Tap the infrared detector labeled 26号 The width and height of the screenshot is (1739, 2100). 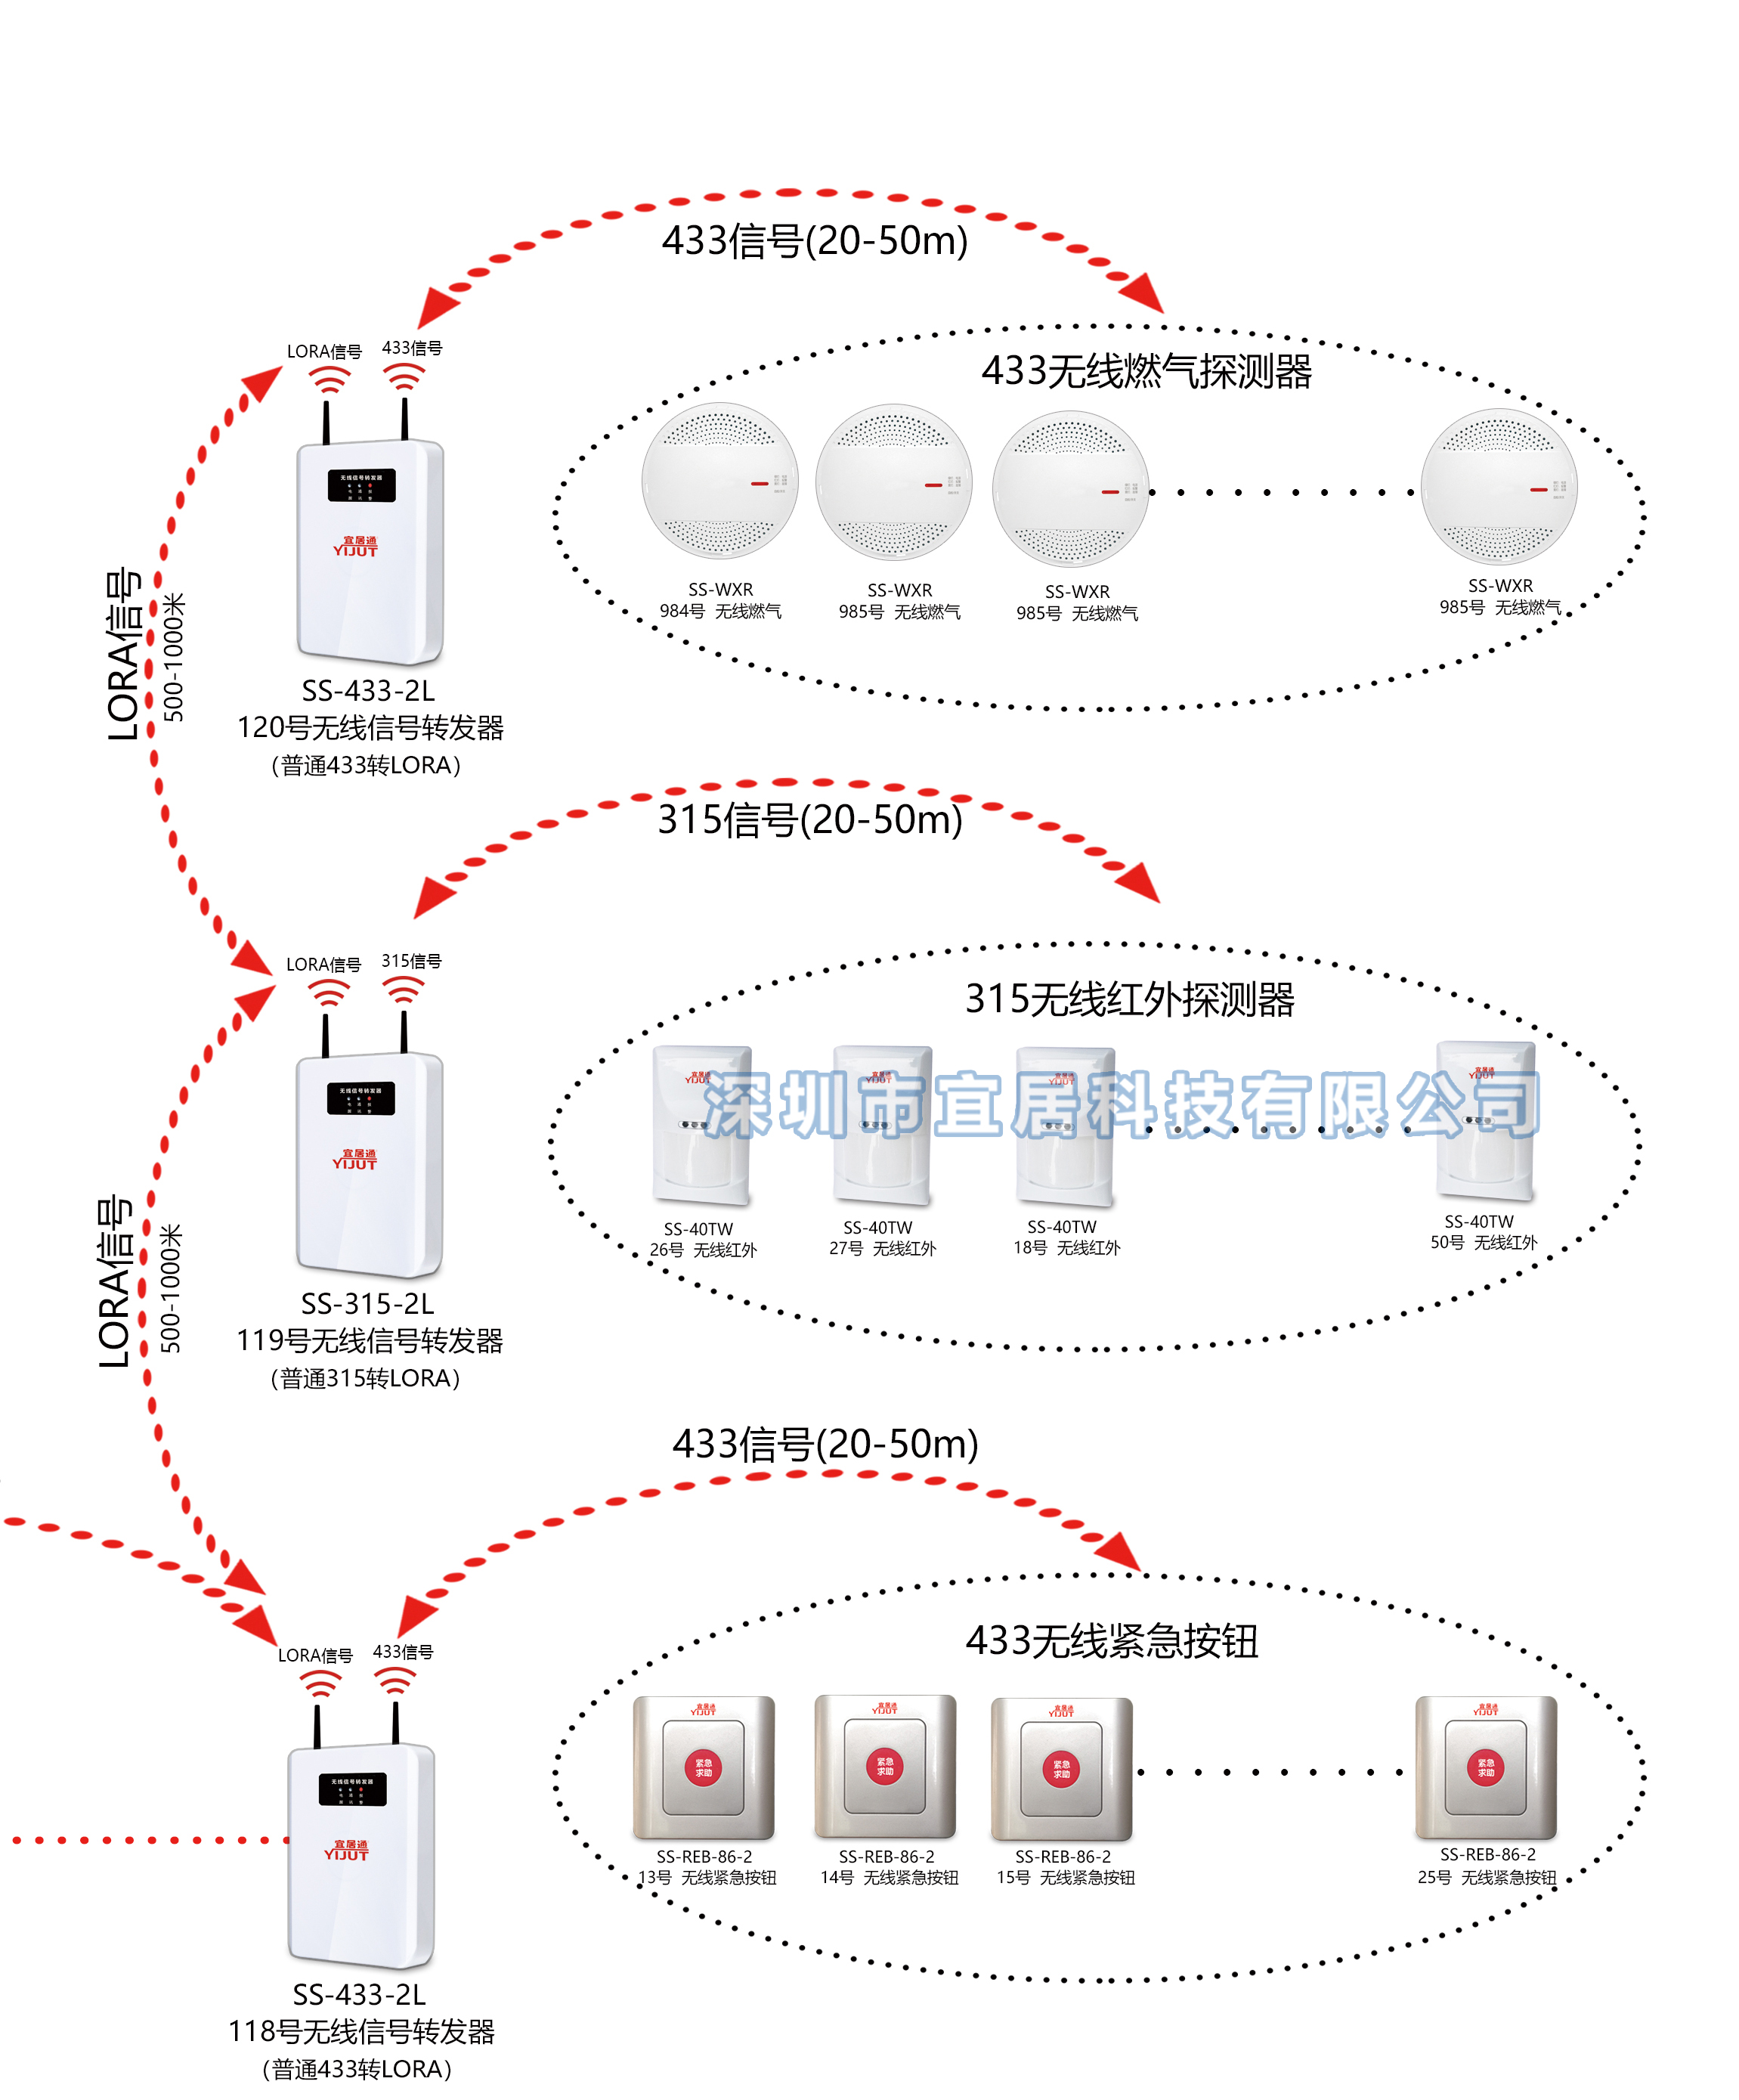tap(701, 1124)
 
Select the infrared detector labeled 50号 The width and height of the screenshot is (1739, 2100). tap(1484, 1120)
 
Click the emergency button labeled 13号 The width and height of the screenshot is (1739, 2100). tap(703, 1767)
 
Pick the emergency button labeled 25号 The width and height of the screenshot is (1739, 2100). tap(1485, 1767)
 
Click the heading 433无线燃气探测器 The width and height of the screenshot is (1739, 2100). tap(1145, 371)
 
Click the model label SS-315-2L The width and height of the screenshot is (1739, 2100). tap(367, 1304)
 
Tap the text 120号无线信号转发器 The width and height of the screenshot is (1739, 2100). tap(370, 727)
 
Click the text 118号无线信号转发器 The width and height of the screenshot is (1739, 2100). tap(361, 2031)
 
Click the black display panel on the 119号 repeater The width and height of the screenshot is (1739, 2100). tap(360, 1098)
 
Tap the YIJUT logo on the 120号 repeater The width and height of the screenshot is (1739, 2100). tap(355, 546)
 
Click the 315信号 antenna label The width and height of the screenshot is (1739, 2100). tap(411, 961)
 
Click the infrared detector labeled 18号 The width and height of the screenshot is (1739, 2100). tap(1064, 1125)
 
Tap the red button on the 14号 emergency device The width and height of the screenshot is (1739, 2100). tap(885, 1766)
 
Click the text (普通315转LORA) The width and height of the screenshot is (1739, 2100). tap(365, 1378)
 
